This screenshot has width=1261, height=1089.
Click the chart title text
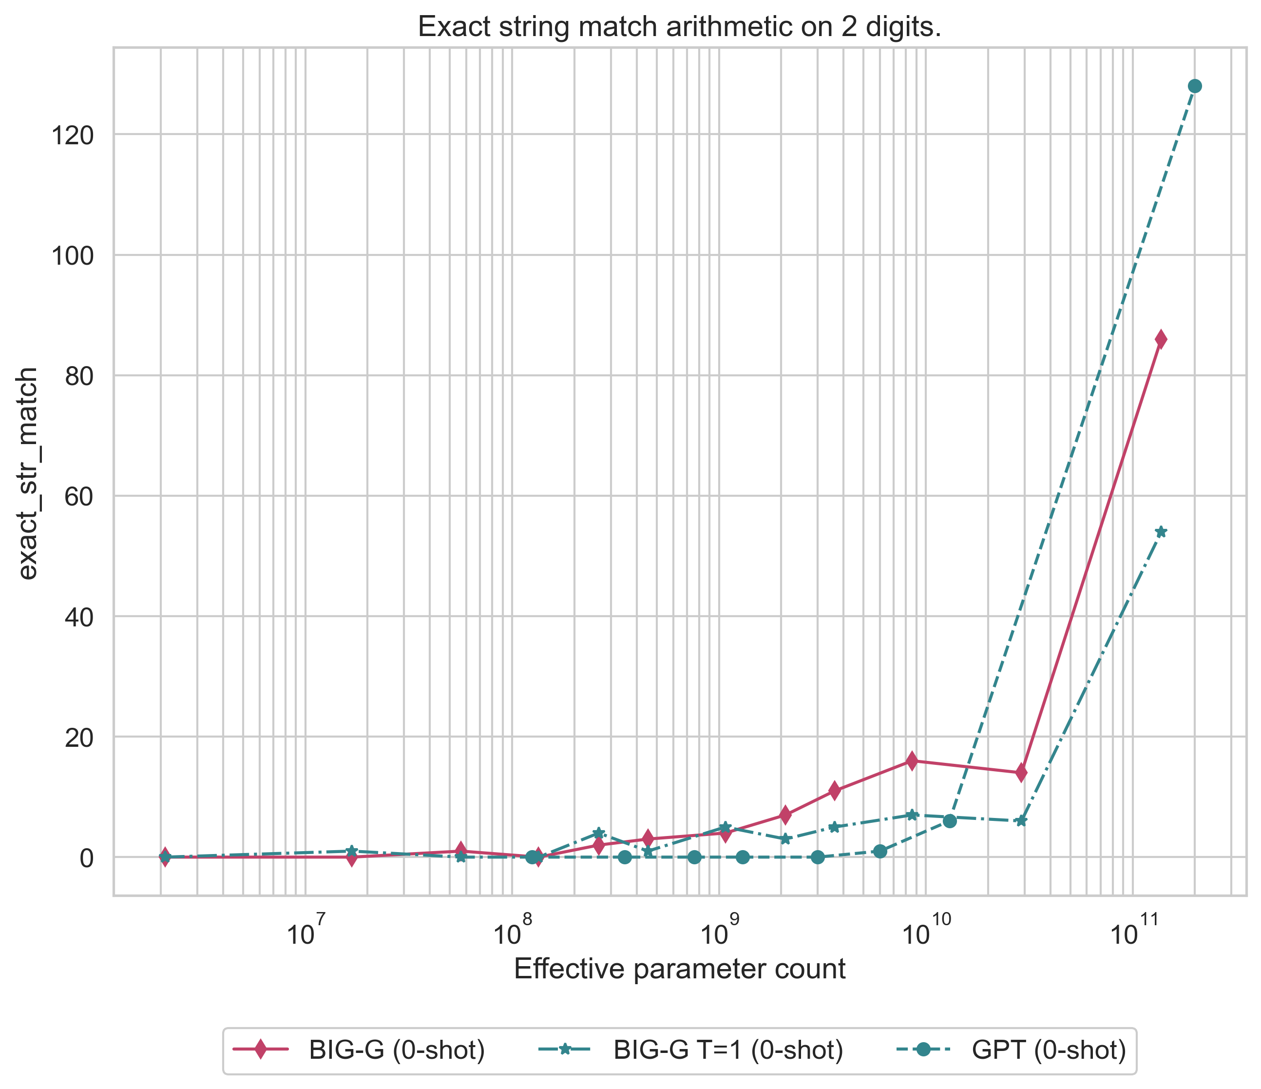coord(680,27)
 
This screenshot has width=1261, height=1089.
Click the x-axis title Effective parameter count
coord(680,969)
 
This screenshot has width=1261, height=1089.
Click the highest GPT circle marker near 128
coord(1195,86)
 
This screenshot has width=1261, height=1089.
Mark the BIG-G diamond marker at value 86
coord(1161,339)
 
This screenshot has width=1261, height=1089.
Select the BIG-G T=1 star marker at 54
coord(1161,532)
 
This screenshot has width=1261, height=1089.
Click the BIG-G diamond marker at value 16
coord(911,761)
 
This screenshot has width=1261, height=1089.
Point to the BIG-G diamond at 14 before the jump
coord(1021,773)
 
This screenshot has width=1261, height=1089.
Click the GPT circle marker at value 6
coord(949,821)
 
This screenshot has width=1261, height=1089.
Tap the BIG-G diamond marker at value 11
coord(834,791)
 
